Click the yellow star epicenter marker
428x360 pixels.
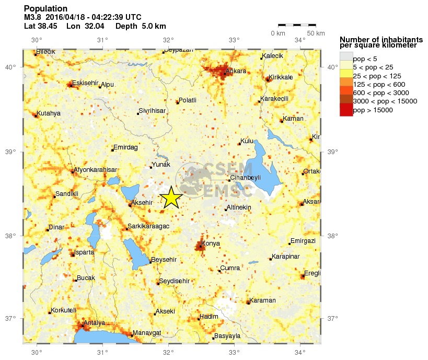[170, 198]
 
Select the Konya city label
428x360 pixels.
[211, 243]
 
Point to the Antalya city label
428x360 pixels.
[95, 322]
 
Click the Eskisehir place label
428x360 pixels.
[85, 83]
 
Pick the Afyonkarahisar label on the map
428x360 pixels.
[95, 169]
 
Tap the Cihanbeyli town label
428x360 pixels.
[245, 177]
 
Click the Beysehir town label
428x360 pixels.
[164, 260]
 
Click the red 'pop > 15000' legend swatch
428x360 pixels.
[346, 110]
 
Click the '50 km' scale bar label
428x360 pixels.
[315, 33]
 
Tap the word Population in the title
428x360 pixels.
[46, 8]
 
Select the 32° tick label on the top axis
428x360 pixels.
[168, 40]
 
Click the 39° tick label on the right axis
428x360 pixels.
[332, 152]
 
